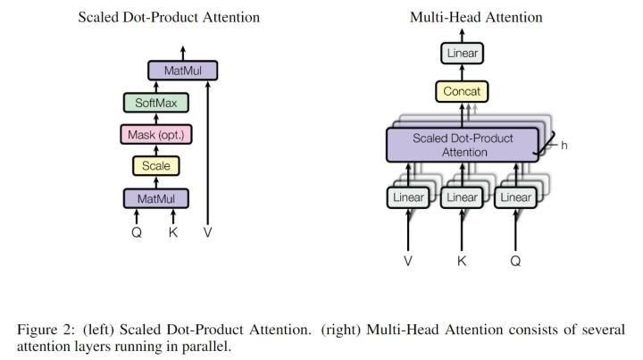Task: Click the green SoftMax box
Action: (x=156, y=103)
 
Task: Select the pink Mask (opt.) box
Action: (x=156, y=135)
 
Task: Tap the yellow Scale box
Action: (x=156, y=165)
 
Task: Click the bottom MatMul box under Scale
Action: (x=156, y=199)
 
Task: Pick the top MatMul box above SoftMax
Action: (x=183, y=71)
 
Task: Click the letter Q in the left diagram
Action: (x=137, y=232)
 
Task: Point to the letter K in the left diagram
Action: (x=173, y=232)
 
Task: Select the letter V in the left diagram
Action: (x=207, y=232)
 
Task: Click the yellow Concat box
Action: (x=462, y=91)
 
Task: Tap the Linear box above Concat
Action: (x=463, y=53)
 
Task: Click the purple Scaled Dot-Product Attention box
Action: (x=463, y=145)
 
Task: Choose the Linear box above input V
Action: (x=408, y=197)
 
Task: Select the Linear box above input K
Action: (x=462, y=197)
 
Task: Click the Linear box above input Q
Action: (x=515, y=197)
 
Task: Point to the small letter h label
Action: (x=564, y=146)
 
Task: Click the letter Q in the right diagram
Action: (x=515, y=261)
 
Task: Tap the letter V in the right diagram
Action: (x=408, y=261)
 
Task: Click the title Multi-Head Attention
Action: (x=476, y=17)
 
